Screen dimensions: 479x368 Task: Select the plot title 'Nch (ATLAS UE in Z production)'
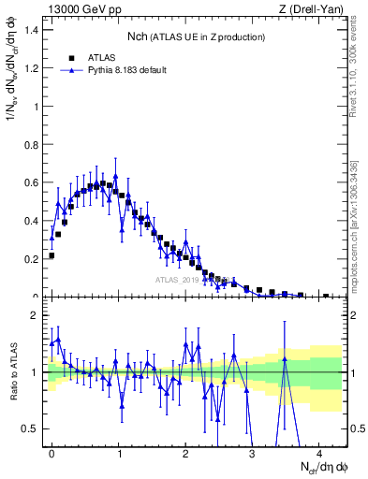tap(196, 36)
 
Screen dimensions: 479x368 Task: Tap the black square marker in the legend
tap(73, 57)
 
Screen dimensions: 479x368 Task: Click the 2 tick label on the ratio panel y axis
tap(37, 315)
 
